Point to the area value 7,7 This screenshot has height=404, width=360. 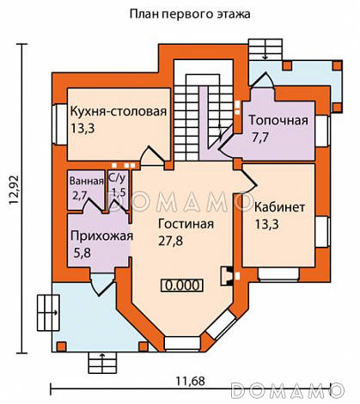[260, 137]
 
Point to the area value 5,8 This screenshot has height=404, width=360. [82, 254]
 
